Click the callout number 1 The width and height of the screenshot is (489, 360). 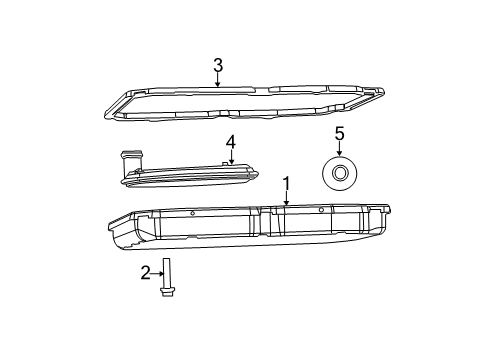click(286, 184)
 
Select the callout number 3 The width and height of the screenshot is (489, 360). click(217, 66)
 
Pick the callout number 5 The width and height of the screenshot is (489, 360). click(339, 133)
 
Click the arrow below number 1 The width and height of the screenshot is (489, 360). click(286, 200)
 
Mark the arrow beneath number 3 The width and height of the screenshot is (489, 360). click(217, 82)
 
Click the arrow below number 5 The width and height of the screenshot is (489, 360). click(339, 149)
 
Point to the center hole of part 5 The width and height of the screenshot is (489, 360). click(338, 174)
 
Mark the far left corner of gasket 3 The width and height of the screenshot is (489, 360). click(108, 115)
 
